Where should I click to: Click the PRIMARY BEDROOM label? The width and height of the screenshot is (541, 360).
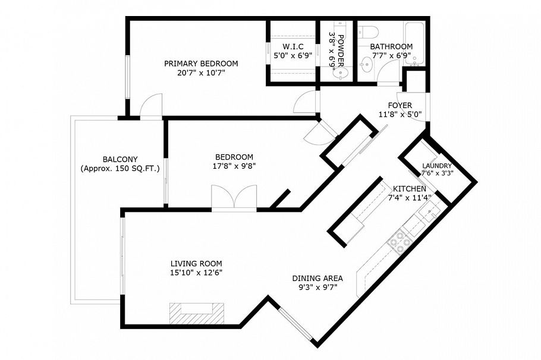pos(201,64)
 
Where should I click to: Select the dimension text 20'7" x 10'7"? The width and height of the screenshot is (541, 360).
pos(201,73)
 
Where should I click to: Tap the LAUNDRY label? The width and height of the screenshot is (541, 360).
pos(436,166)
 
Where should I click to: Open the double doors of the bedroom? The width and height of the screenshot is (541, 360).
pos(234,197)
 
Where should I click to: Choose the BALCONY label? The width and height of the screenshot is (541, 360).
pos(120,159)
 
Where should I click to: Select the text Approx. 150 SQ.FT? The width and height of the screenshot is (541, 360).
pos(120,169)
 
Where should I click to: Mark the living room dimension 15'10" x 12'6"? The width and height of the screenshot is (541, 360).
pos(196,273)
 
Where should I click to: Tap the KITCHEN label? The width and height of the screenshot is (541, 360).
pos(409,188)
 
